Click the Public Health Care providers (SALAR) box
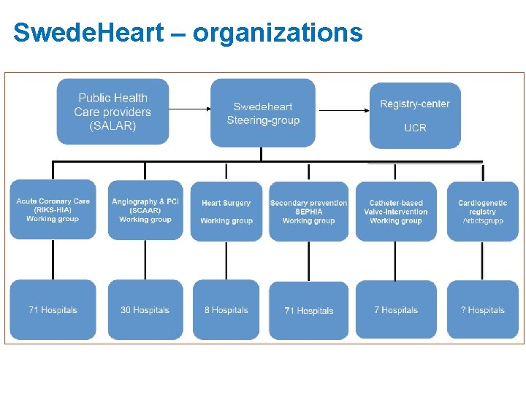pos(113,112)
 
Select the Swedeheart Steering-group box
pos(263,112)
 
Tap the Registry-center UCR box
pos(415,115)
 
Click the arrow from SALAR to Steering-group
pos(189,109)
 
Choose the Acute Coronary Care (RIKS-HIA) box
pos(53,210)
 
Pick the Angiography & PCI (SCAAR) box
pos(145,210)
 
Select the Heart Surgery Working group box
pos(226,212)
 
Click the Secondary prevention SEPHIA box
pos(308,212)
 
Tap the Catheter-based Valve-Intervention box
pos(395,212)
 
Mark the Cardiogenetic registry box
pos(482,212)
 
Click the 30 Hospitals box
pos(145,310)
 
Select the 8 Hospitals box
pos(226,310)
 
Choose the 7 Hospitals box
pos(395,310)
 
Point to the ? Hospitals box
pos(482,310)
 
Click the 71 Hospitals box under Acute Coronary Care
pos(53,310)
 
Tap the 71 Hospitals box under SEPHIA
pos(308,310)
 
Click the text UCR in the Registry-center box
pos(415,128)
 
